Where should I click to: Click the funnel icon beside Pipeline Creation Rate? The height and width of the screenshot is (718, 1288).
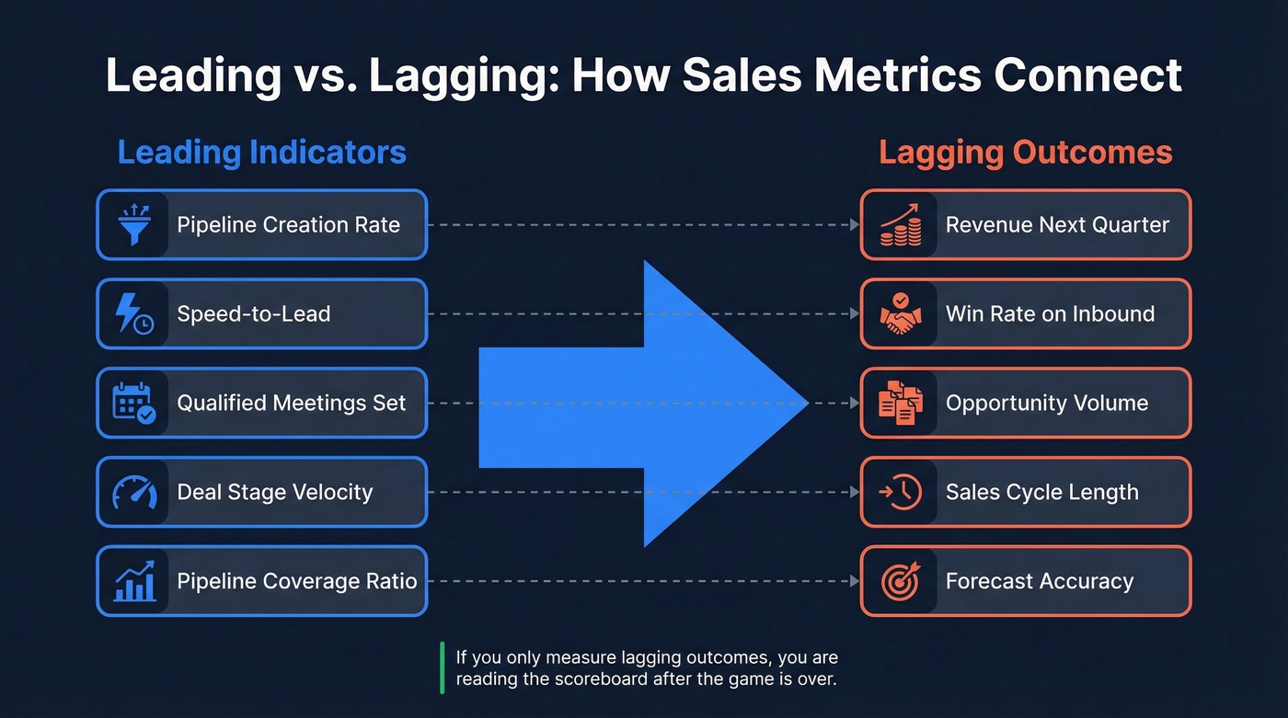pyautogui.click(x=134, y=224)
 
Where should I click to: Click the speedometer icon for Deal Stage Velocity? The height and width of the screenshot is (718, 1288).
pyautogui.click(x=134, y=493)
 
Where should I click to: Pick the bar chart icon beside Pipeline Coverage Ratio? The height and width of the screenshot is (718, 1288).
pyautogui.click(x=134, y=582)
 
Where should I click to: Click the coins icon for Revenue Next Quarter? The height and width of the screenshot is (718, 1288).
pyautogui.click(x=900, y=224)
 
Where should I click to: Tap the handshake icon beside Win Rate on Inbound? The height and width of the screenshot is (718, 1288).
pyautogui.click(x=900, y=313)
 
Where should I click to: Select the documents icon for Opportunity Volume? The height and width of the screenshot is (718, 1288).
pyautogui.click(x=900, y=403)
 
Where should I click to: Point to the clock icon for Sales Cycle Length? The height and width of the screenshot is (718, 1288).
pyautogui.click(x=900, y=493)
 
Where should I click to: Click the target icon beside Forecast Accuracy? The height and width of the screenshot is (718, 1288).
pyautogui.click(x=900, y=582)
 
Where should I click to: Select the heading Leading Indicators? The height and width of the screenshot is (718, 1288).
pyautogui.click(x=261, y=153)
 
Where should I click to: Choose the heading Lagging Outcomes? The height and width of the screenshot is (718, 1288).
pyautogui.click(x=1025, y=153)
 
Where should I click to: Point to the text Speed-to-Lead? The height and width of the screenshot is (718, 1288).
pyautogui.click(x=253, y=314)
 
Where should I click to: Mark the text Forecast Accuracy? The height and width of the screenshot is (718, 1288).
pyautogui.click(x=1040, y=582)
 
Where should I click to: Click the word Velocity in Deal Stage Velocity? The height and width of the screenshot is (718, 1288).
pyautogui.click(x=327, y=493)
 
